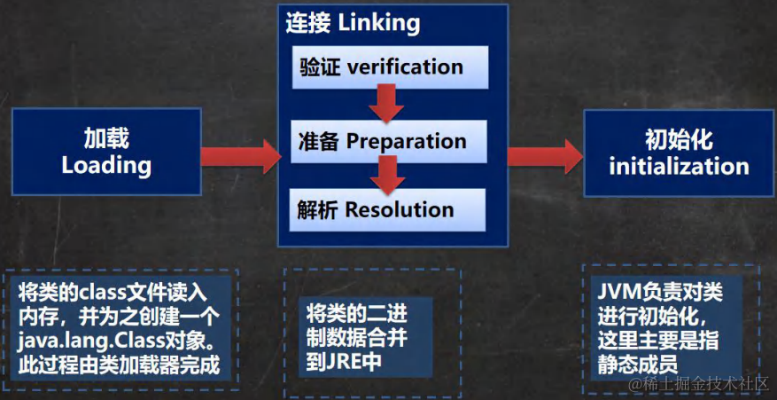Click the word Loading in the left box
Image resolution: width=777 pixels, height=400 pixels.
[x=106, y=165]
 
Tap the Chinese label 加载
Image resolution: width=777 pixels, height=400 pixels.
[x=106, y=138]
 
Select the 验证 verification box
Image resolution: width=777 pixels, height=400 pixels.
[x=381, y=67]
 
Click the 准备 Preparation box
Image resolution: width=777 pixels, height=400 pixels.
[x=381, y=141]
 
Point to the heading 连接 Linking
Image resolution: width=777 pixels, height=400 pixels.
[x=353, y=23]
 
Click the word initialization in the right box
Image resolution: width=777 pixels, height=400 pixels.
[x=679, y=166]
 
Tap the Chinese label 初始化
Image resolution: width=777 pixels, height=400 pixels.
[x=679, y=139]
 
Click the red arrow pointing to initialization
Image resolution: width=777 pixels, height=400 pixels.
[x=542, y=154]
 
